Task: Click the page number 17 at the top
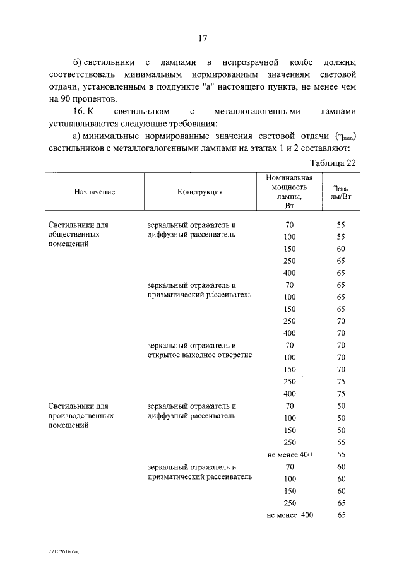[203, 38]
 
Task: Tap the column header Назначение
[94, 192]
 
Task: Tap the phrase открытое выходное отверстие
[199, 355]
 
